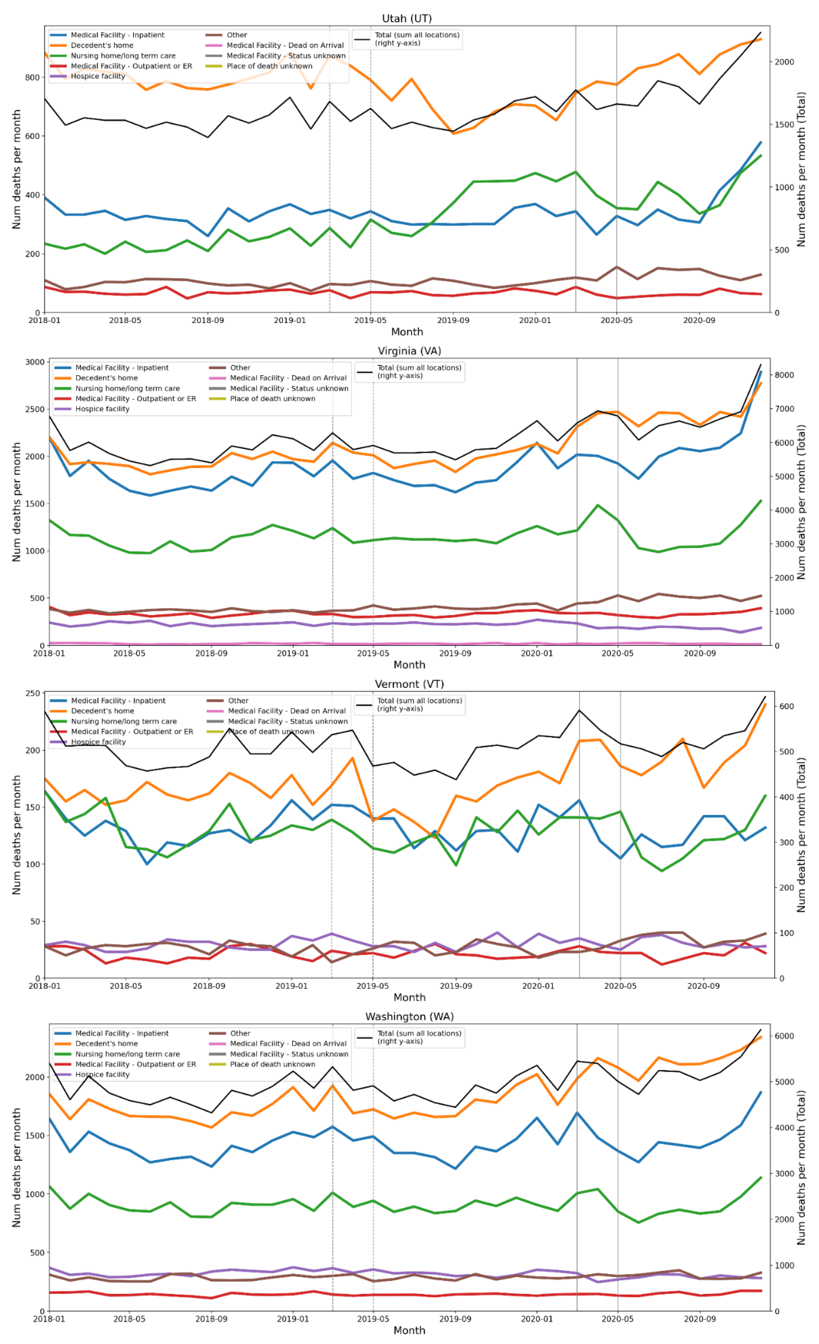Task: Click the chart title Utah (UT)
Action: click(407, 19)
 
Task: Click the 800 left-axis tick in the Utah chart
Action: click(32, 78)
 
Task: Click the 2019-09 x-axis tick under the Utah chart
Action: click(453, 320)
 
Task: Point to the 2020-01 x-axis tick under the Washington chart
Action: click(537, 1319)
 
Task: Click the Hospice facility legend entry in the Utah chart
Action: click(98, 76)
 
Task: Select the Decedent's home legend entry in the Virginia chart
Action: click(106, 378)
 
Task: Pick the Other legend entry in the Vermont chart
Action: click(238, 701)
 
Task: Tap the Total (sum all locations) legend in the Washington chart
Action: click(419, 1037)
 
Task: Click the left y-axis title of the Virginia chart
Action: click(16, 502)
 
